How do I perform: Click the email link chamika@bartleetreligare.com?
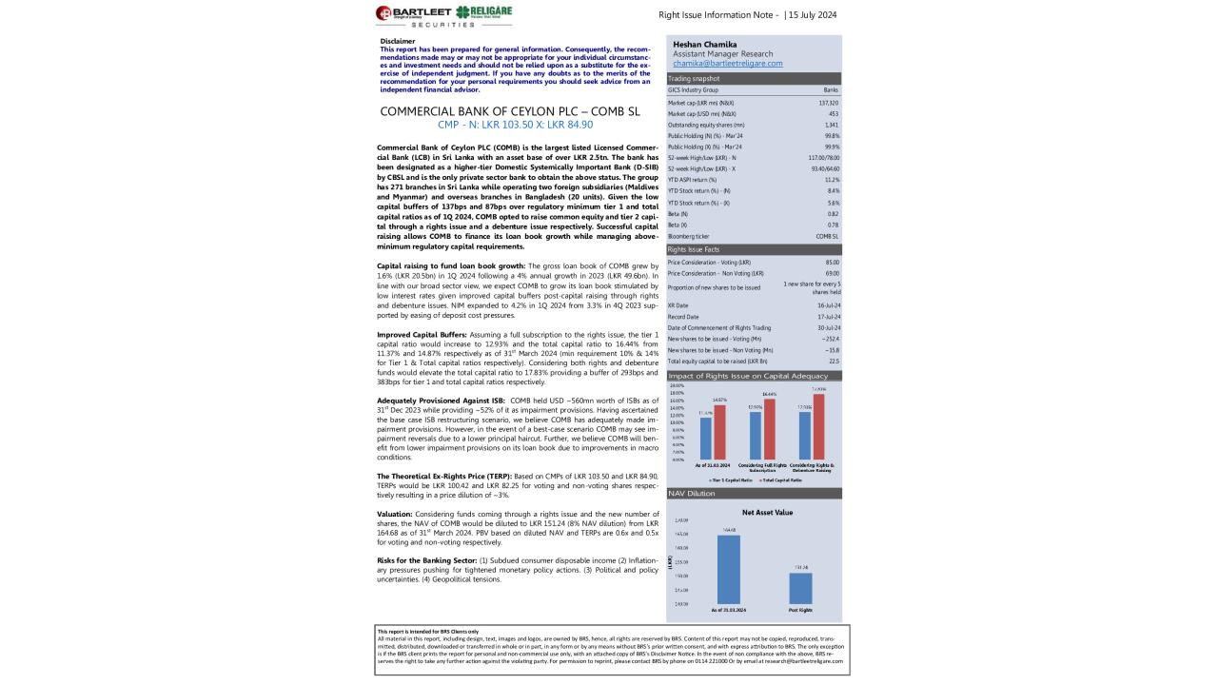point(727,64)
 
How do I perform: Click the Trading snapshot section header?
point(694,78)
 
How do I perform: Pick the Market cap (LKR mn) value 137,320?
point(828,102)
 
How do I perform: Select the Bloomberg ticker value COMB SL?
point(827,236)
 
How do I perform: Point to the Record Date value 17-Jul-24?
point(826,316)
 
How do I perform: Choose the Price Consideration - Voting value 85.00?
point(832,262)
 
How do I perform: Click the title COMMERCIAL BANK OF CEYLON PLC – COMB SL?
point(509,111)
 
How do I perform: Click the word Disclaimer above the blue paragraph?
point(397,41)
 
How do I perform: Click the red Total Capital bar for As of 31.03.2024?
point(719,433)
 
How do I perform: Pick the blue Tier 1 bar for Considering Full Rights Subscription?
point(756,436)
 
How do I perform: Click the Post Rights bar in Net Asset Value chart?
point(800,588)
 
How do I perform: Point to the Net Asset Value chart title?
point(767,512)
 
